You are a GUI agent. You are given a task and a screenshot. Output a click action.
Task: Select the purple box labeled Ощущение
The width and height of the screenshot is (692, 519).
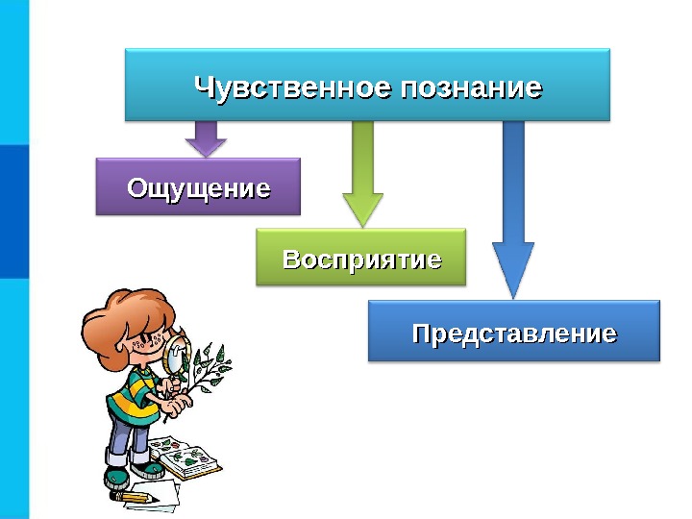point(198,186)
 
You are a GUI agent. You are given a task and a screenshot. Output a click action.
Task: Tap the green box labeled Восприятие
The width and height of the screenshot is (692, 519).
point(360,259)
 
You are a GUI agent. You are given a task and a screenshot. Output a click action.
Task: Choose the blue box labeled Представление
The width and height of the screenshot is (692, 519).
point(514,333)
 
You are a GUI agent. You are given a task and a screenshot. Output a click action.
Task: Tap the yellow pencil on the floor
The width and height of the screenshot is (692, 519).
point(134,497)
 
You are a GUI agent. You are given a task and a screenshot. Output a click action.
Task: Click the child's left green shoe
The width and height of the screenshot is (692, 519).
point(116,477)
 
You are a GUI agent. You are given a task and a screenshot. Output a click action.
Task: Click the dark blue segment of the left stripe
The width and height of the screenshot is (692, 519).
point(14,211)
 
